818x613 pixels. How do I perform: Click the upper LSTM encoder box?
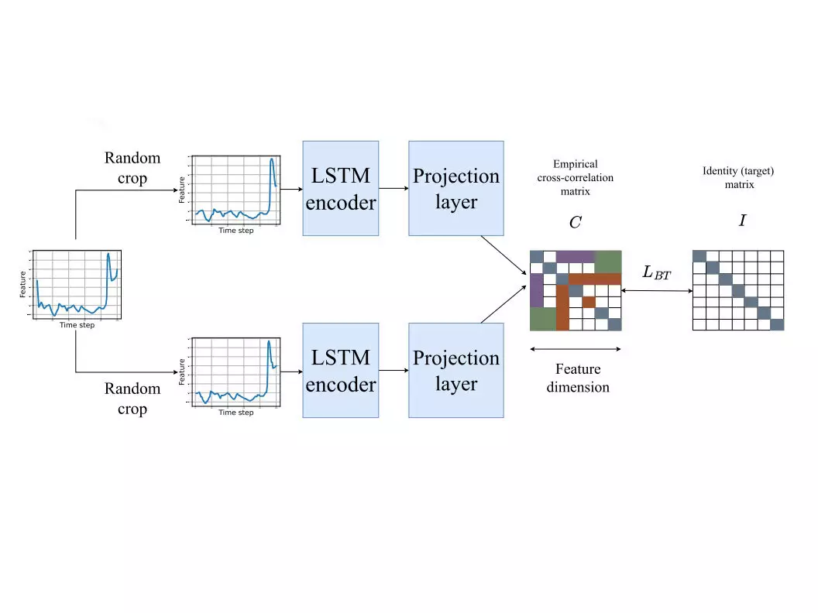pos(340,189)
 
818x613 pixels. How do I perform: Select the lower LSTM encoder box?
pos(340,371)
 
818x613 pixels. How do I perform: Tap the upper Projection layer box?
pos(455,189)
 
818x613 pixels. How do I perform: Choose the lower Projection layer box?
pos(455,371)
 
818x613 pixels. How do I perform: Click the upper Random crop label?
pos(132,168)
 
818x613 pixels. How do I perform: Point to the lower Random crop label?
pos(132,399)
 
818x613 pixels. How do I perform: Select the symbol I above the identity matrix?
pos(742,221)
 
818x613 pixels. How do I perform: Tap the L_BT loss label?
pos(657,272)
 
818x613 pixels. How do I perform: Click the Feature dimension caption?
pos(578,378)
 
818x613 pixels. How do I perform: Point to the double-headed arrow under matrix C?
pos(576,349)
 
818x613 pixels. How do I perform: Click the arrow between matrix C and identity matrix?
pos(657,291)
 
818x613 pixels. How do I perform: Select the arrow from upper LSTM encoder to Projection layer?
pos(394,189)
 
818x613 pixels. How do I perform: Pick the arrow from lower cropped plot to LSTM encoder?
pos(291,371)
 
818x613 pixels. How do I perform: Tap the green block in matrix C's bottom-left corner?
pos(541,319)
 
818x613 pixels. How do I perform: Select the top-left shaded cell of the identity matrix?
pos(699,256)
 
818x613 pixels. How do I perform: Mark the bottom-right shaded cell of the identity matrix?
pos(777,324)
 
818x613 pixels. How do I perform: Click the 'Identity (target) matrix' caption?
pos(737,178)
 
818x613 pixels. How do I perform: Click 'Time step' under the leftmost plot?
pos(77,325)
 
